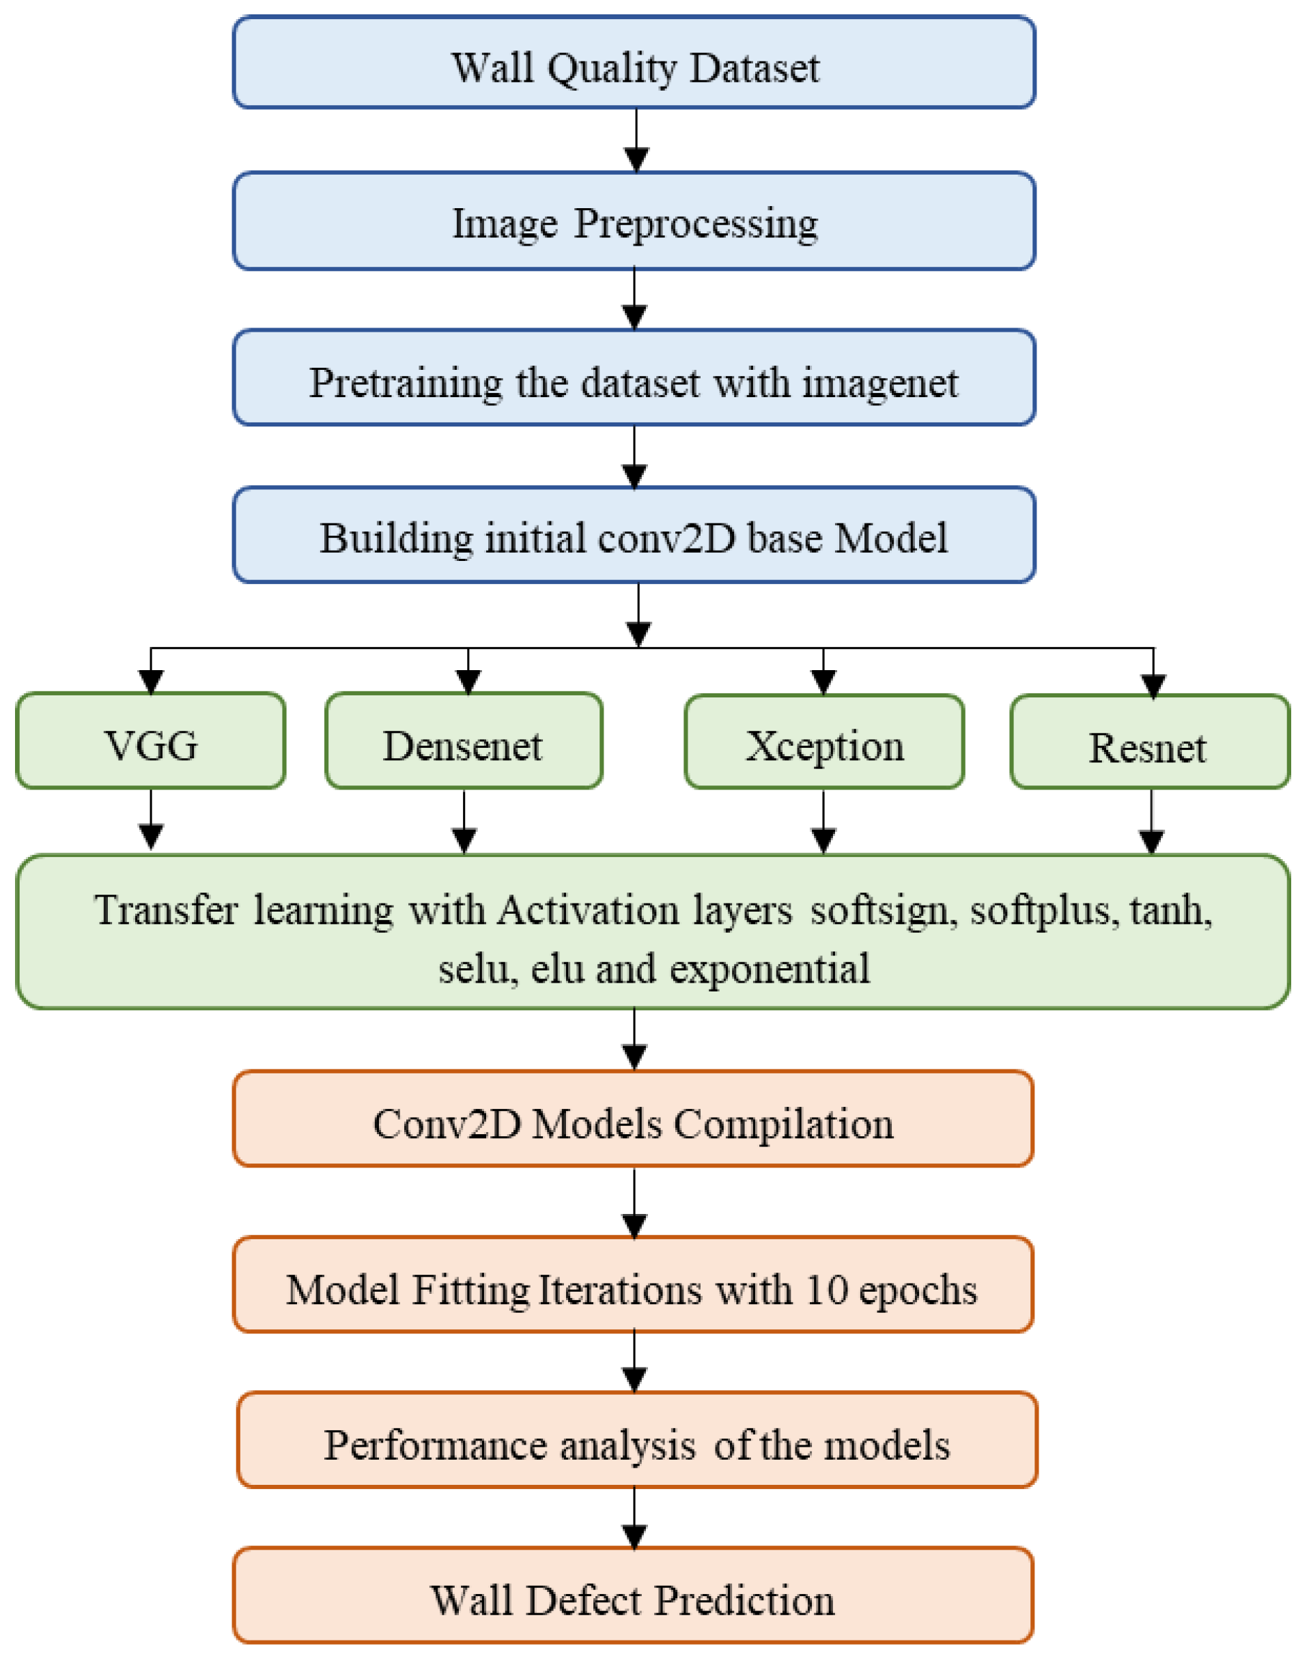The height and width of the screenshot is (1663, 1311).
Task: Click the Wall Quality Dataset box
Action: [634, 63]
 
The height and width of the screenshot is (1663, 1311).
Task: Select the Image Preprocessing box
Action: [634, 221]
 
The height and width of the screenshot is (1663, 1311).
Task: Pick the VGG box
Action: [150, 742]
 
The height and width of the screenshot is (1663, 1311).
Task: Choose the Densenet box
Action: [464, 742]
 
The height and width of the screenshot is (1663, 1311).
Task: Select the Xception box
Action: [824, 743]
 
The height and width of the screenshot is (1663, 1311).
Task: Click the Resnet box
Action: [1149, 743]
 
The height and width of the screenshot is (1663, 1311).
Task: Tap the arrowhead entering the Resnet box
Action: [1154, 685]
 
